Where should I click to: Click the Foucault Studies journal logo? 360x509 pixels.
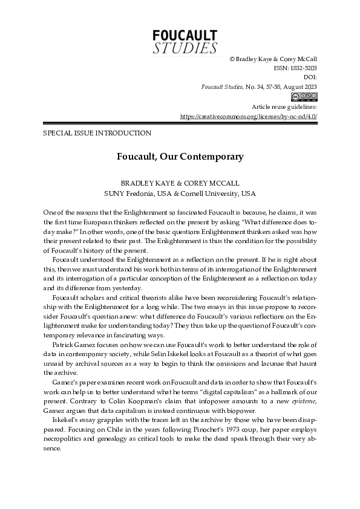(x=185, y=42)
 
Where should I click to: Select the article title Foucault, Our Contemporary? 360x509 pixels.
(x=180, y=157)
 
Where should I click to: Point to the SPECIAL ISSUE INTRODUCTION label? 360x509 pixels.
(x=97, y=133)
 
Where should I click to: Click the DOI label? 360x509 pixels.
(x=310, y=77)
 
